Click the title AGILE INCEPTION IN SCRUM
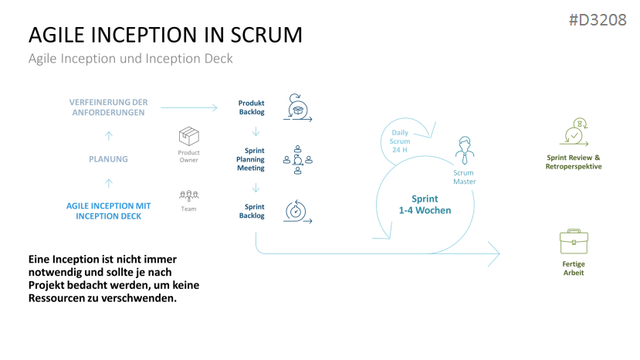165,36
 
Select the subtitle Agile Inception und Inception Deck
130,59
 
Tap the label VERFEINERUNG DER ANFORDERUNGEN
108,107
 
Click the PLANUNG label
108,159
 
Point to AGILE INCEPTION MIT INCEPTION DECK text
108,211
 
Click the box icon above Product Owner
189,138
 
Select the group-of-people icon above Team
189,195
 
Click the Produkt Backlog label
251,107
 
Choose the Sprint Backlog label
255,211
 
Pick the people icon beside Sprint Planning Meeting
297,157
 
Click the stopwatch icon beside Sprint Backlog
296,211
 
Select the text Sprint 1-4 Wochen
425,205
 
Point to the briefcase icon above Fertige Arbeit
574,243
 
